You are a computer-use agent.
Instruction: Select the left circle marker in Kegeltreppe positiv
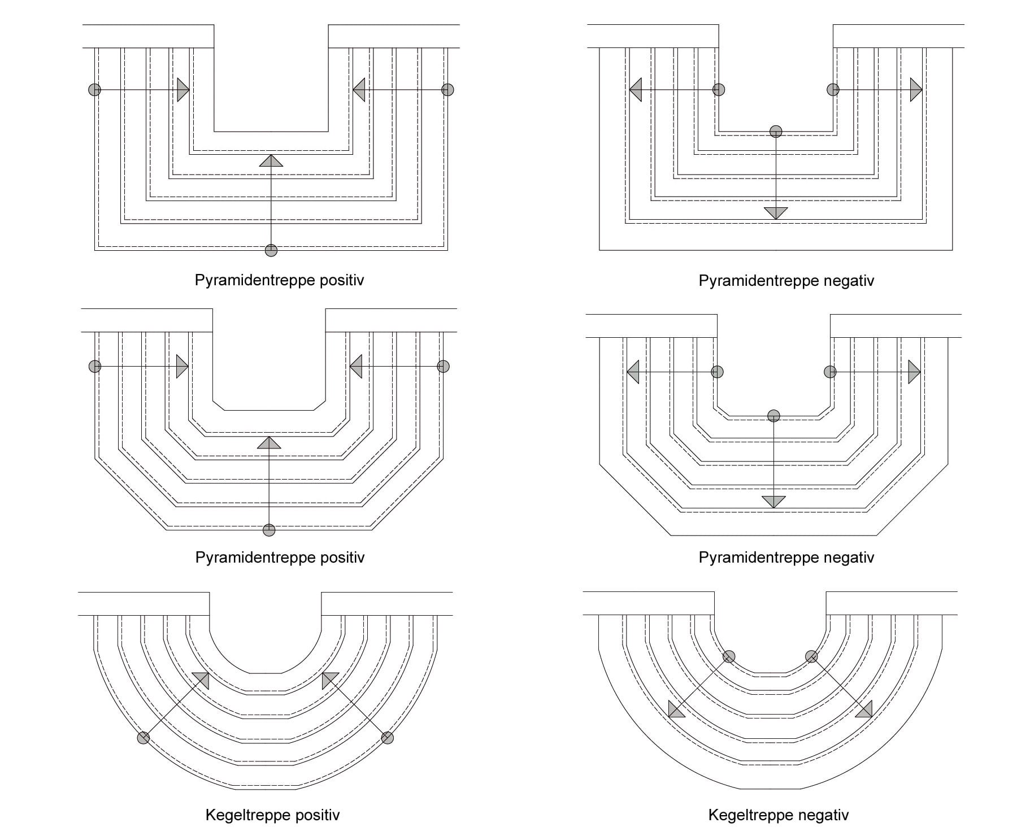click(x=144, y=738)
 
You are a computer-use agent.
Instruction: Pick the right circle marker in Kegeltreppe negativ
click(x=811, y=656)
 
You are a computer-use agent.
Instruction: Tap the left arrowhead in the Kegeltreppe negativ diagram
click(x=675, y=710)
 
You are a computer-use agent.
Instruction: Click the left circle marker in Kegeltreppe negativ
click(x=729, y=656)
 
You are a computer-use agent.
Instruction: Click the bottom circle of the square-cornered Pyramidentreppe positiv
click(x=271, y=250)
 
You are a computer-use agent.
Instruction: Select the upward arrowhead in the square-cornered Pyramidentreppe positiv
click(x=271, y=160)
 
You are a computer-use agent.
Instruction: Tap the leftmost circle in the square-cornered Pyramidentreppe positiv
click(x=95, y=89)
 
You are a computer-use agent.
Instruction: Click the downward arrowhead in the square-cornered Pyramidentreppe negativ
click(x=776, y=213)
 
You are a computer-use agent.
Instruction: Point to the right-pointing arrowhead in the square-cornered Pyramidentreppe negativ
click(x=916, y=89)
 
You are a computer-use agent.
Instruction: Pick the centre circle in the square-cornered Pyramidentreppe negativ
click(x=776, y=132)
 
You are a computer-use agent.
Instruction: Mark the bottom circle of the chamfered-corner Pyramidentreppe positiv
click(x=269, y=530)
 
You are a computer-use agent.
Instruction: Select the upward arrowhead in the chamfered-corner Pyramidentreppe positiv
click(x=269, y=443)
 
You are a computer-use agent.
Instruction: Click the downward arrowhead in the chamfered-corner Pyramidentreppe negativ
click(x=773, y=501)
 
